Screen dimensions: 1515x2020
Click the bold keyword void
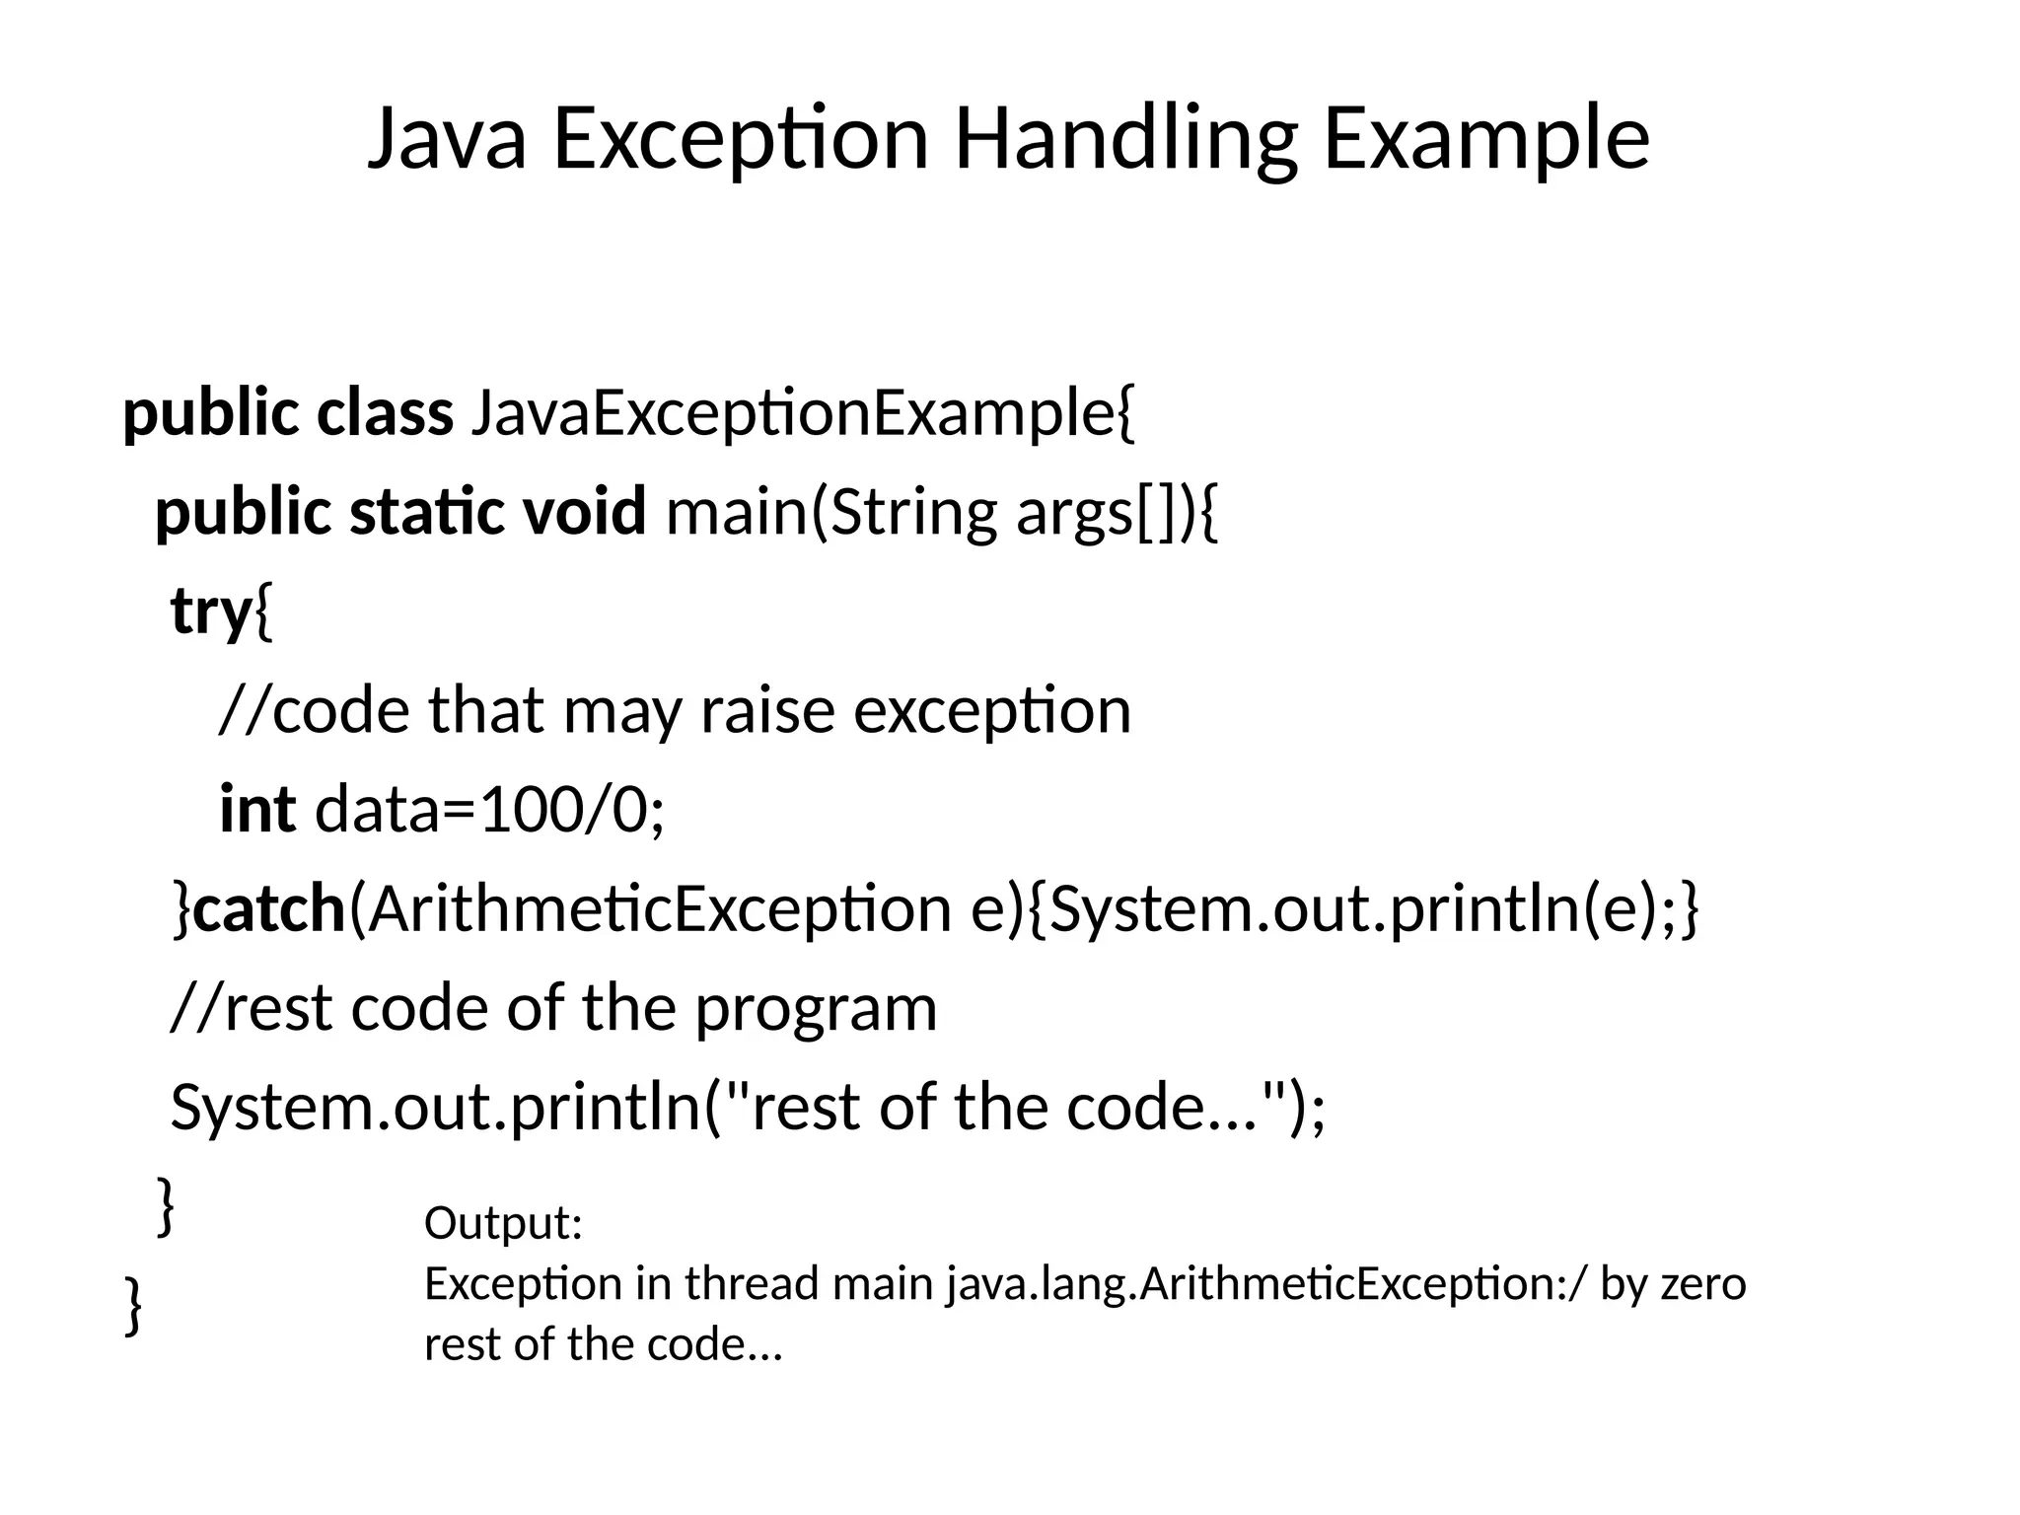(584, 512)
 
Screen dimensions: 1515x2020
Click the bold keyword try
(211, 612)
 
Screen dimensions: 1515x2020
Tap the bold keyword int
(256, 809)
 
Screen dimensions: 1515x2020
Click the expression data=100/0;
(489, 809)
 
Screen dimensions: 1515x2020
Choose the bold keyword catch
(268, 908)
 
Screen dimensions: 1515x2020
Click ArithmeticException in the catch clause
(650, 908)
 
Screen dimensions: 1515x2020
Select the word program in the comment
(816, 1009)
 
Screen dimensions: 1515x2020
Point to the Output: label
(503, 1223)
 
